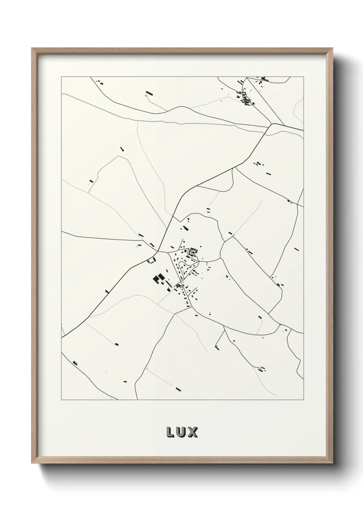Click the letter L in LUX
tap(171, 432)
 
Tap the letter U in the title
tap(182, 432)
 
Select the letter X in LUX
tap(193, 432)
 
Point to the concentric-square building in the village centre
tap(193, 252)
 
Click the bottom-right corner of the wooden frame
tap(332, 464)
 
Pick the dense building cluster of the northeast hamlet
tap(246, 98)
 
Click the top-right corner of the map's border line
tap(304, 77)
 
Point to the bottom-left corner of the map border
tap(61, 400)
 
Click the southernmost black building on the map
tap(178, 389)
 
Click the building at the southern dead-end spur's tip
tap(217, 348)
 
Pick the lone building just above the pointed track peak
tap(121, 149)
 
